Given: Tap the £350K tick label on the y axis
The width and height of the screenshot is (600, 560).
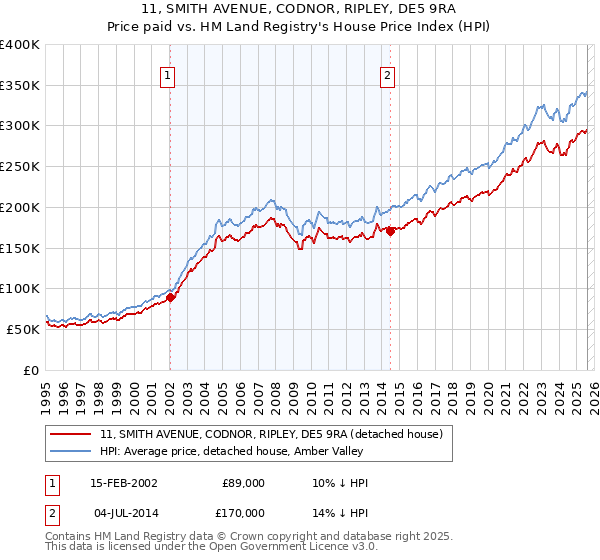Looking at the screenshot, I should [x=20, y=86].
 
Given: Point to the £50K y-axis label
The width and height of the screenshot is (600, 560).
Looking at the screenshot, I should [x=23, y=329].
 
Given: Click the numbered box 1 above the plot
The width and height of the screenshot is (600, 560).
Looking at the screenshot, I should [x=166, y=73].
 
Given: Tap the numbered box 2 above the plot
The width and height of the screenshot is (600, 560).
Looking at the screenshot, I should [x=386, y=73].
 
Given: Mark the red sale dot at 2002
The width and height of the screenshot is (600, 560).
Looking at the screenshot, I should [x=171, y=297].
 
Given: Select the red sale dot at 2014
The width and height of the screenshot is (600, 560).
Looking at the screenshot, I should [x=390, y=232].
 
